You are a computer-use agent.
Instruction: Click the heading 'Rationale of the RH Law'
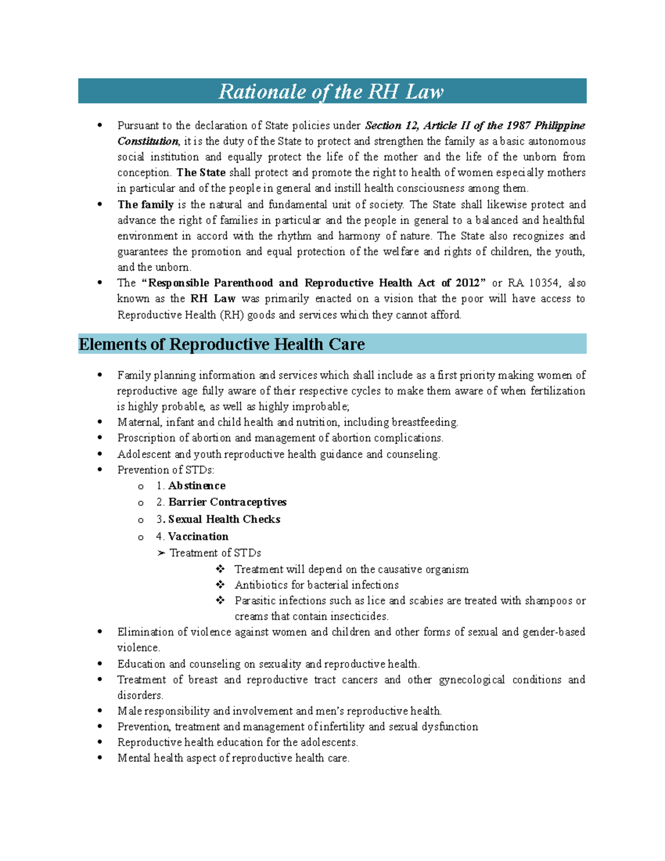331,91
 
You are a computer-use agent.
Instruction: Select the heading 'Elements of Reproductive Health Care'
222,344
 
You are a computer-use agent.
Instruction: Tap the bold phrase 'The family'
145,205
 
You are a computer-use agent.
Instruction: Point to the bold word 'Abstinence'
197,486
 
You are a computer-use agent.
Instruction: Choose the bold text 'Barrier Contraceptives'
227,502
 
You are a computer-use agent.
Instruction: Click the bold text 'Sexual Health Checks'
224,519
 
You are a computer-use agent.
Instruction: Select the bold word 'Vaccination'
198,537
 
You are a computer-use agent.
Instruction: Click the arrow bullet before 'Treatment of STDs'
161,553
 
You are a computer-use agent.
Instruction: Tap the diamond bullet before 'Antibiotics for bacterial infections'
220,585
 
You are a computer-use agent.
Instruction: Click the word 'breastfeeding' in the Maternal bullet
424,422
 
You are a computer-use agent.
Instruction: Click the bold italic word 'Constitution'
148,141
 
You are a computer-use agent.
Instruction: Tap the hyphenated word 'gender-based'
554,632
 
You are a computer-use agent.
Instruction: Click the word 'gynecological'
472,680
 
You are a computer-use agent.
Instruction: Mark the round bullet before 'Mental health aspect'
100,758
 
